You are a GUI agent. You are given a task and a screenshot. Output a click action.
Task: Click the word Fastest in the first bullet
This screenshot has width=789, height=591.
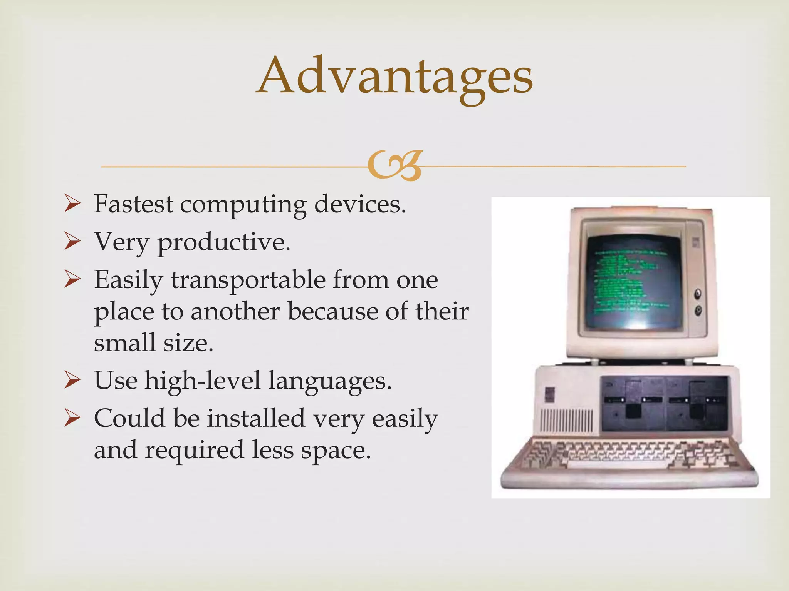(133, 204)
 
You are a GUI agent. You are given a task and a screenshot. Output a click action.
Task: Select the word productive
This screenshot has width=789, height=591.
(223, 242)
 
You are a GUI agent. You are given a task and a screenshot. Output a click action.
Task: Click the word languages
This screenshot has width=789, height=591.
(330, 381)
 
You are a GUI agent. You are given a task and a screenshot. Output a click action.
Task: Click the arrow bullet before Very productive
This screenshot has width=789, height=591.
(72, 242)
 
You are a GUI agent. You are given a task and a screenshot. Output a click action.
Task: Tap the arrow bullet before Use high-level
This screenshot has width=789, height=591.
(72, 381)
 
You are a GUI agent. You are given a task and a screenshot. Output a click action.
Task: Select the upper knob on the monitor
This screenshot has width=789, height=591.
(698, 294)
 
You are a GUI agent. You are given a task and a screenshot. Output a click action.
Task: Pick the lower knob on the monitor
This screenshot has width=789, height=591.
(698, 310)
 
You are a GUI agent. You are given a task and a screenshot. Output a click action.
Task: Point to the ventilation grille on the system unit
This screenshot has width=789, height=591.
(567, 421)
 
